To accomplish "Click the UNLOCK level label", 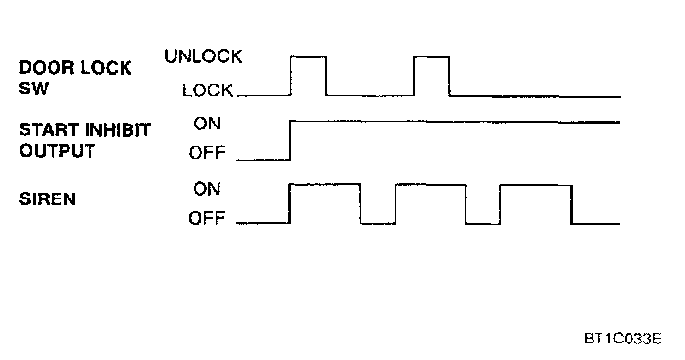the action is click(x=203, y=56).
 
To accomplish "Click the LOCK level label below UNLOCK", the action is click(x=207, y=90).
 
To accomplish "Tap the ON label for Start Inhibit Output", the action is click(x=207, y=124).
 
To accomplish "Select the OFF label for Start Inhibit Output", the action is click(x=207, y=153).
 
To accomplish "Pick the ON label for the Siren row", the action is click(x=207, y=189).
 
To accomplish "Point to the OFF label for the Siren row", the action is click(x=206, y=218).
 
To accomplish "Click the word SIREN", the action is click(x=48, y=198).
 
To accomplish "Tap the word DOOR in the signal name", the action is click(x=47, y=68).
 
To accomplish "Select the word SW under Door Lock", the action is click(x=34, y=89).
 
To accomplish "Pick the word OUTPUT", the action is click(x=57, y=151).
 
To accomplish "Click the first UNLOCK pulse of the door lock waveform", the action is click(x=308, y=56).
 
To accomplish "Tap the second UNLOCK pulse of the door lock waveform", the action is click(x=431, y=56).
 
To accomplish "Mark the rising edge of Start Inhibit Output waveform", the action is click(x=290, y=140).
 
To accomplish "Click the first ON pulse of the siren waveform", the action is click(x=325, y=184).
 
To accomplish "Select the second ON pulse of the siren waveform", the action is click(x=431, y=185).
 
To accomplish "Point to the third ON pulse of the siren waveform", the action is click(x=536, y=185).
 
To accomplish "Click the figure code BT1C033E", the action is click(x=623, y=339).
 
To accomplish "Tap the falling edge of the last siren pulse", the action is click(x=571, y=204).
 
